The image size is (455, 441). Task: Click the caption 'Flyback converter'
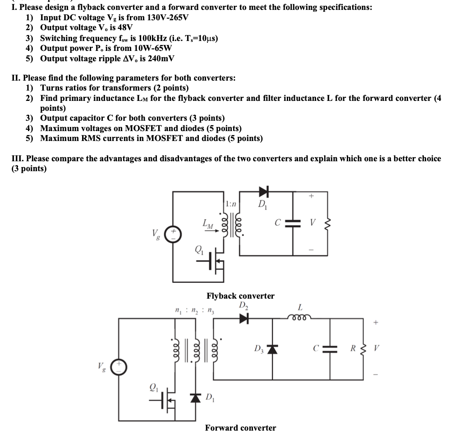pos(240,296)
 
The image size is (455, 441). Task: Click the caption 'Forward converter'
pos(240,427)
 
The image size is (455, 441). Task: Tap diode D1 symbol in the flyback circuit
pos(263,192)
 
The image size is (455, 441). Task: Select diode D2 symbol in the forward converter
pos(244,318)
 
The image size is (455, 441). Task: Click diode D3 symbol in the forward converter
pos(271,349)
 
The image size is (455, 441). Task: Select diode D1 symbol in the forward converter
pos(195,398)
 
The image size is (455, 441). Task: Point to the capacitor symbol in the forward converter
pos(330,349)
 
